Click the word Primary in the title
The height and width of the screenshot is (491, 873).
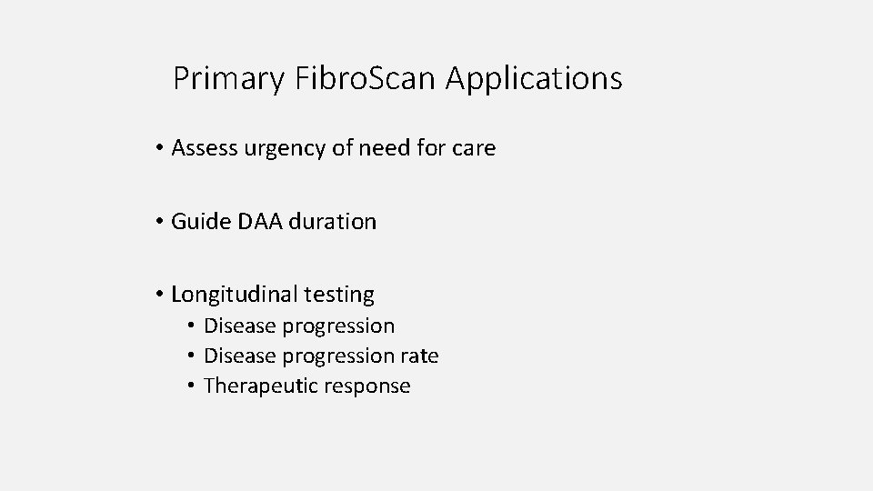(x=229, y=79)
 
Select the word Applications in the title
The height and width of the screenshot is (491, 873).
(x=535, y=79)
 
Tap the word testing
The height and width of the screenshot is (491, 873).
(x=339, y=295)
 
